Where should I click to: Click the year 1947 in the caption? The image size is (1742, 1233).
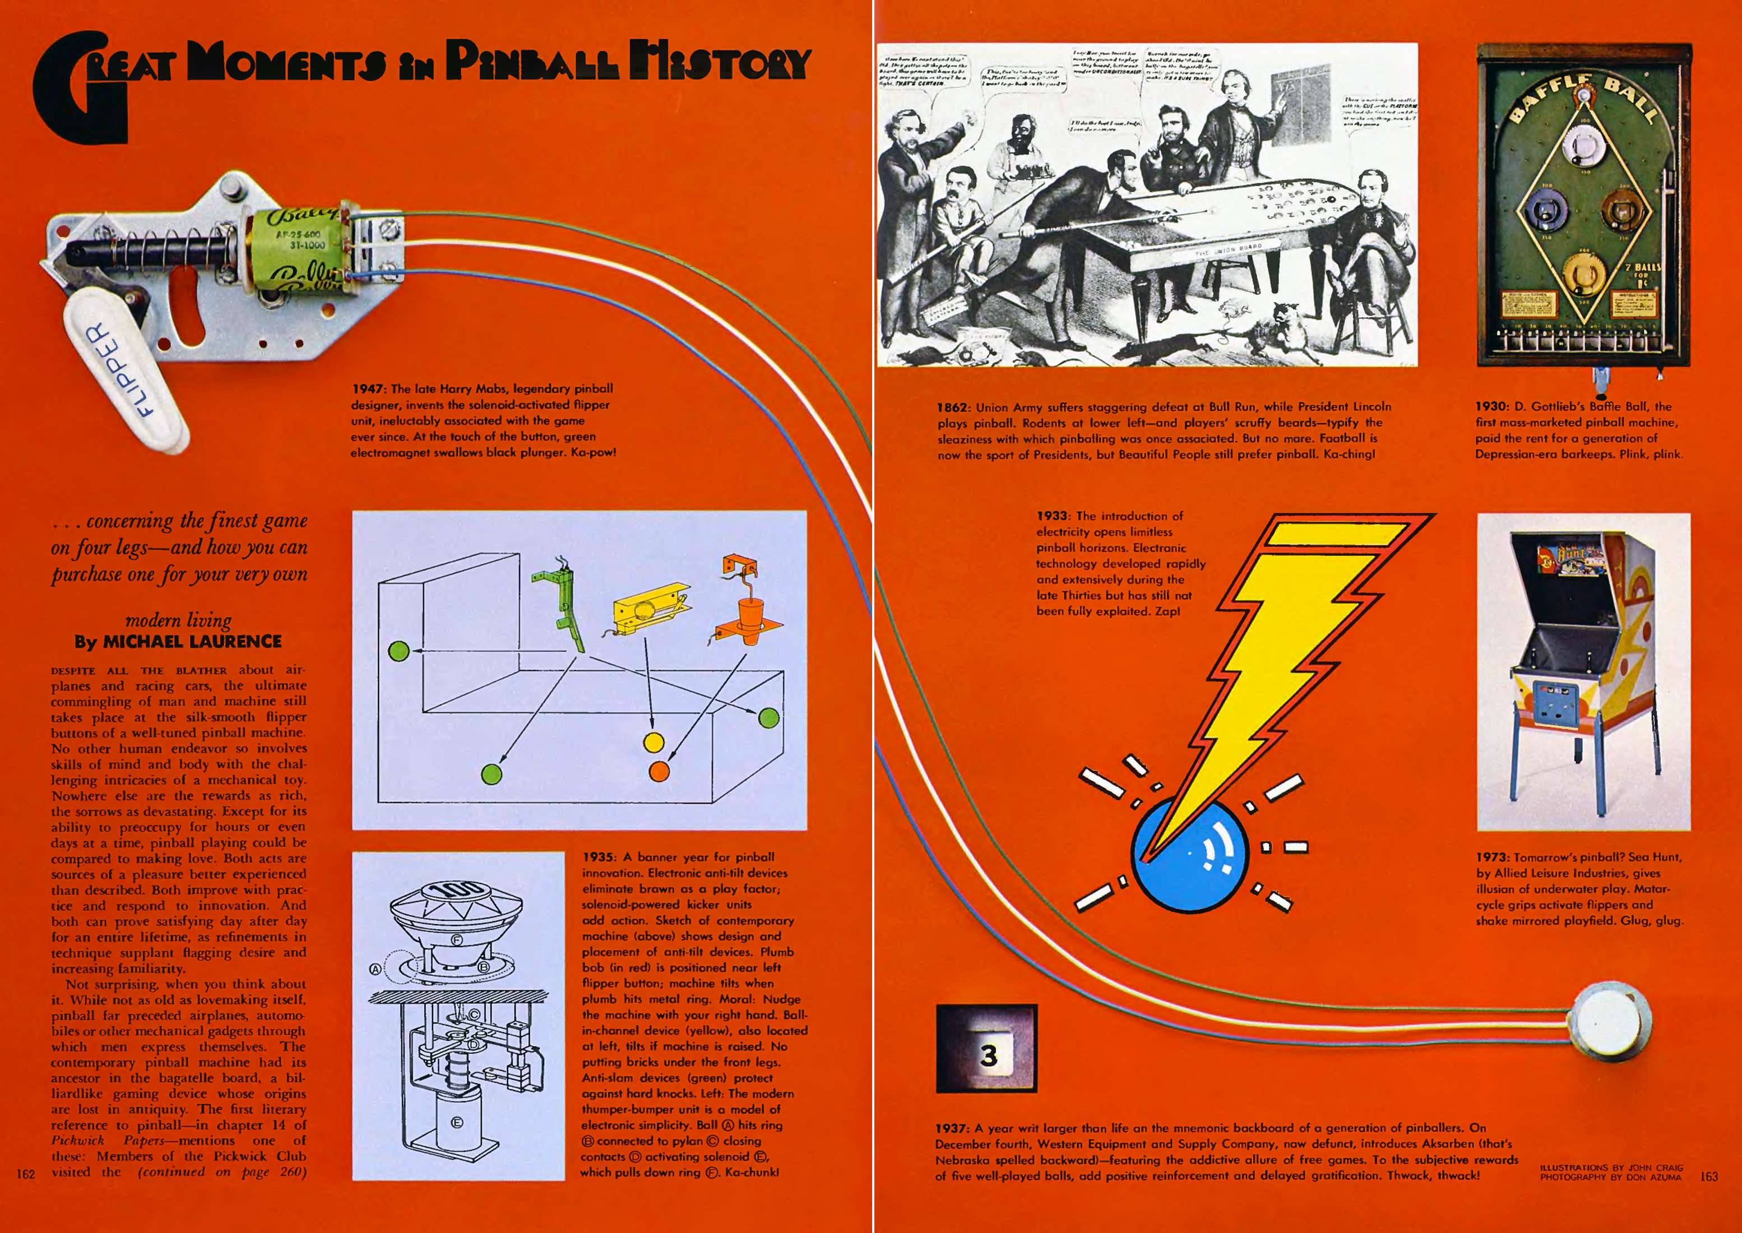(368, 389)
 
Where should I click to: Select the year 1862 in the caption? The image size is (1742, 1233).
(953, 407)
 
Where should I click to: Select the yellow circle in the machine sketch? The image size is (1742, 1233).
(653, 742)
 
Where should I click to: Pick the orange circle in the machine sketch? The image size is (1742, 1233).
(659, 771)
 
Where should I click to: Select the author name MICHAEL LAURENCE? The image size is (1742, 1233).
(192, 642)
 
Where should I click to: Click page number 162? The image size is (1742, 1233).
(26, 1174)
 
